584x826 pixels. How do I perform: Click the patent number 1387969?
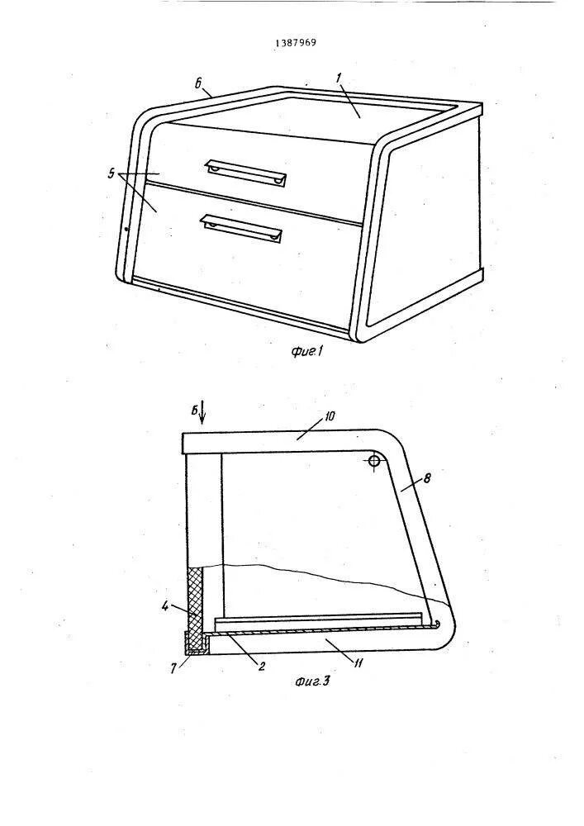[296, 42]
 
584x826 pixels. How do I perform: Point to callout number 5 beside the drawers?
[112, 173]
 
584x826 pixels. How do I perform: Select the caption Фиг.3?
[311, 682]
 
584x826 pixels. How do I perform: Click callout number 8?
[426, 477]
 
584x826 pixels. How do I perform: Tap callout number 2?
[261, 666]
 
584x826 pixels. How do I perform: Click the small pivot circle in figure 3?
[374, 462]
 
